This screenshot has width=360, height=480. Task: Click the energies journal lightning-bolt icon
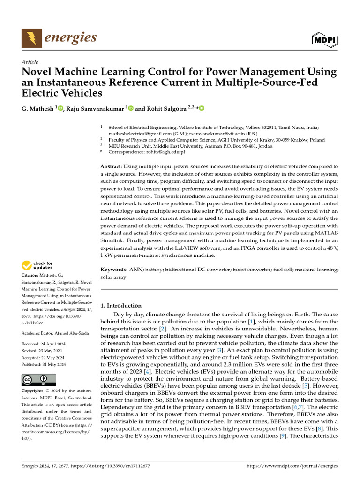tap(31, 38)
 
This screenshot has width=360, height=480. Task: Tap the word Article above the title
tap(30, 62)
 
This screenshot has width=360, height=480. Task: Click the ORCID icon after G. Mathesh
tap(60, 108)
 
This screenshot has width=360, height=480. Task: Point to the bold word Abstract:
tap(112, 167)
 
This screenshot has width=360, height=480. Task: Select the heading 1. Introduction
tap(121, 305)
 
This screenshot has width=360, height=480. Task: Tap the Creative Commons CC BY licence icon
tap(38, 379)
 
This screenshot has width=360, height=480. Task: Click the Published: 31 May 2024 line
tap(44, 364)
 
